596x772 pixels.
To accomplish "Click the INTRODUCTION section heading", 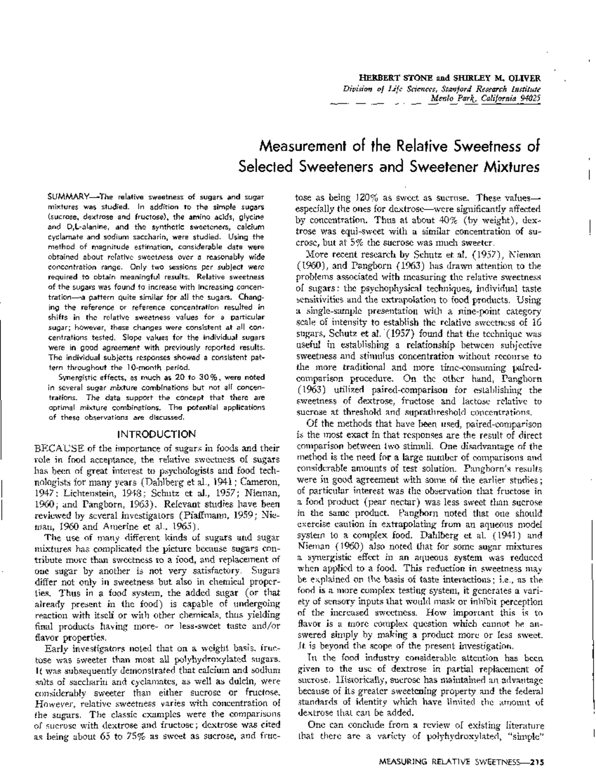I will (156, 434).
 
